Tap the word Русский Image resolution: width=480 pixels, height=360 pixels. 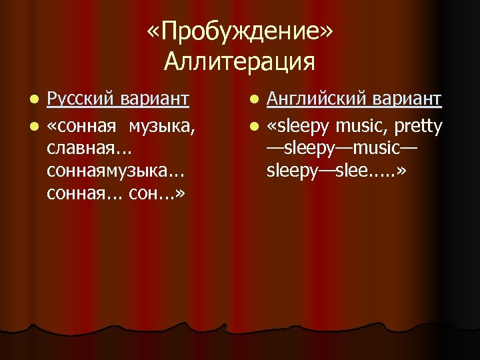coord(80,100)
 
